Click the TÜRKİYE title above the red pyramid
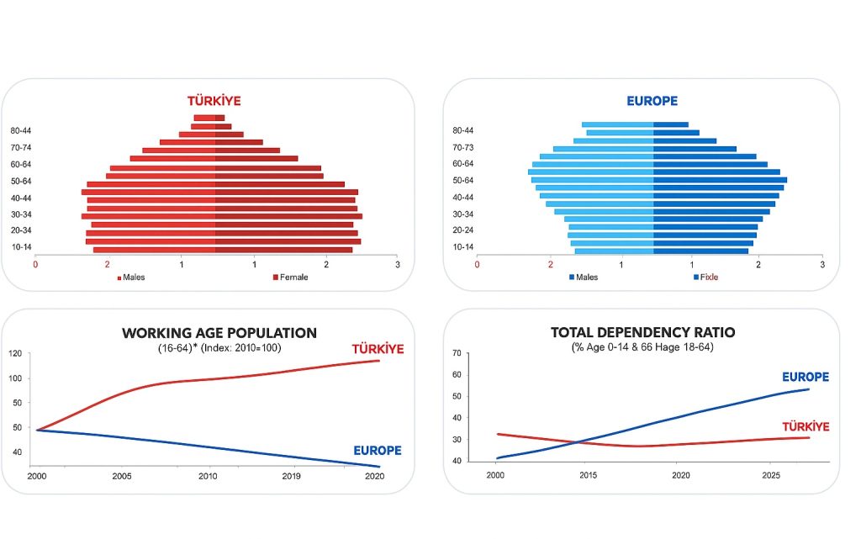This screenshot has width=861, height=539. pyautogui.click(x=214, y=101)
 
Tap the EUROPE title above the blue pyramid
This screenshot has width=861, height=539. pyautogui.click(x=652, y=101)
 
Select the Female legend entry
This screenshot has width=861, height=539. pyautogui.click(x=290, y=277)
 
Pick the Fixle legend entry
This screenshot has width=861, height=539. pyautogui.click(x=708, y=277)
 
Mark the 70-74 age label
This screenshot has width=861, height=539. pyautogui.click(x=22, y=148)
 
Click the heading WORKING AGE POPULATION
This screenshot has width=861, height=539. pyautogui.click(x=219, y=333)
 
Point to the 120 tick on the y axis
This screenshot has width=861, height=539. pyautogui.click(x=15, y=353)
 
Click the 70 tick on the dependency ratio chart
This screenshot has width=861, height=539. pyautogui.click(x=457, y=353)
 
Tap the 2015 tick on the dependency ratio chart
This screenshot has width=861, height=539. pyautogui.click(x=587, y=475)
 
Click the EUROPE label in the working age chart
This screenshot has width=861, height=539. pyautogui.click(x=378, y=451)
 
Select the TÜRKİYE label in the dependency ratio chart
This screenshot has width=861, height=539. pyautogui.click(x=806, y=427)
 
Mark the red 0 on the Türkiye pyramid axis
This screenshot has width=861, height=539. pyautogui.click(x=35, y=264)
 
